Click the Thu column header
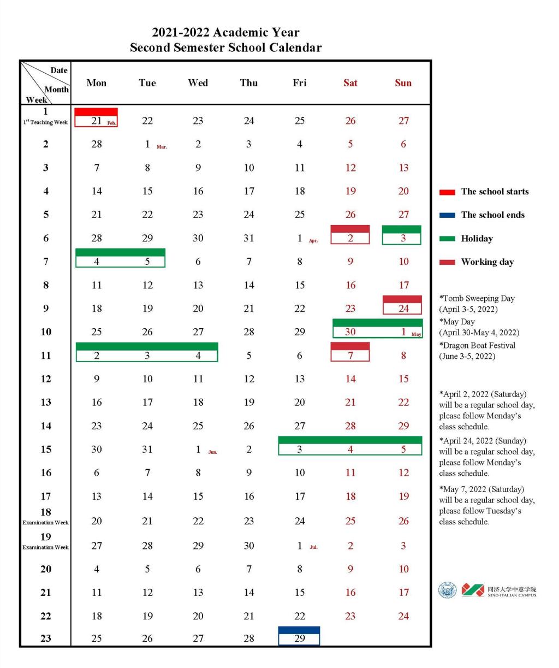(248, 83)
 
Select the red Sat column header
(350, 83)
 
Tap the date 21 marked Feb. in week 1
(97, 121)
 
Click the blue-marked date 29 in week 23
(299, 638)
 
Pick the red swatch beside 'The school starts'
(447, 192)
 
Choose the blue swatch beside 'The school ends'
(447, 215)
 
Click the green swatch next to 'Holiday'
(447, 239)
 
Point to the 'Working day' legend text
(487, 262)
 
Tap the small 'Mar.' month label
(162, 147)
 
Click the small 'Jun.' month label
(212, 452)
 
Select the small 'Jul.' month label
(313, 547)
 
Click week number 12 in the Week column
(46, 379)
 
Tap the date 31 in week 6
(249, 238)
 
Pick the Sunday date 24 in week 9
(403, 309)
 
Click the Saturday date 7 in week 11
(350, 356)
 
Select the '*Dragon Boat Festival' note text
(477, 345)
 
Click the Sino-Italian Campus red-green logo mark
(473, 590)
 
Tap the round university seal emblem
(448, 590)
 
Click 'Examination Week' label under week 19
(46, 547)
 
